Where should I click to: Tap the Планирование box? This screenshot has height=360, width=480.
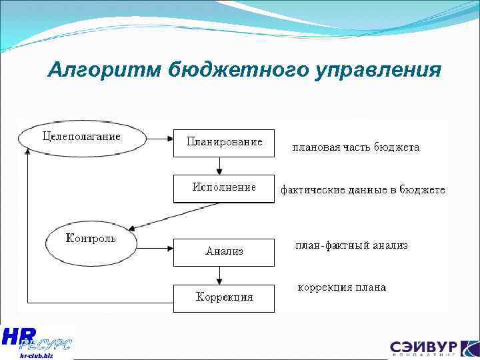(x=224, y=142)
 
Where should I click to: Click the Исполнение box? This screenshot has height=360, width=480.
(x=224, y=188)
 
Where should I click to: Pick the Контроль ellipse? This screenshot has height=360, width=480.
(x=91, y=239)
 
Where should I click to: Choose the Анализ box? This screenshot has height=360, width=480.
(x=224, y=251)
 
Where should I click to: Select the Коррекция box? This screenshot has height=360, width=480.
(x=224, y=297)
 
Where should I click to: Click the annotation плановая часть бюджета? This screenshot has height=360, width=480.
(x=356, y=147)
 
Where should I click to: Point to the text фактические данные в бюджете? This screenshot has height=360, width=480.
(x=362, y=190)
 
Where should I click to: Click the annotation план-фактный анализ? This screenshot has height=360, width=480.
(x=351, y=245)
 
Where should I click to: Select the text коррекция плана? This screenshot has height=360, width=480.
(x=341, y=288)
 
